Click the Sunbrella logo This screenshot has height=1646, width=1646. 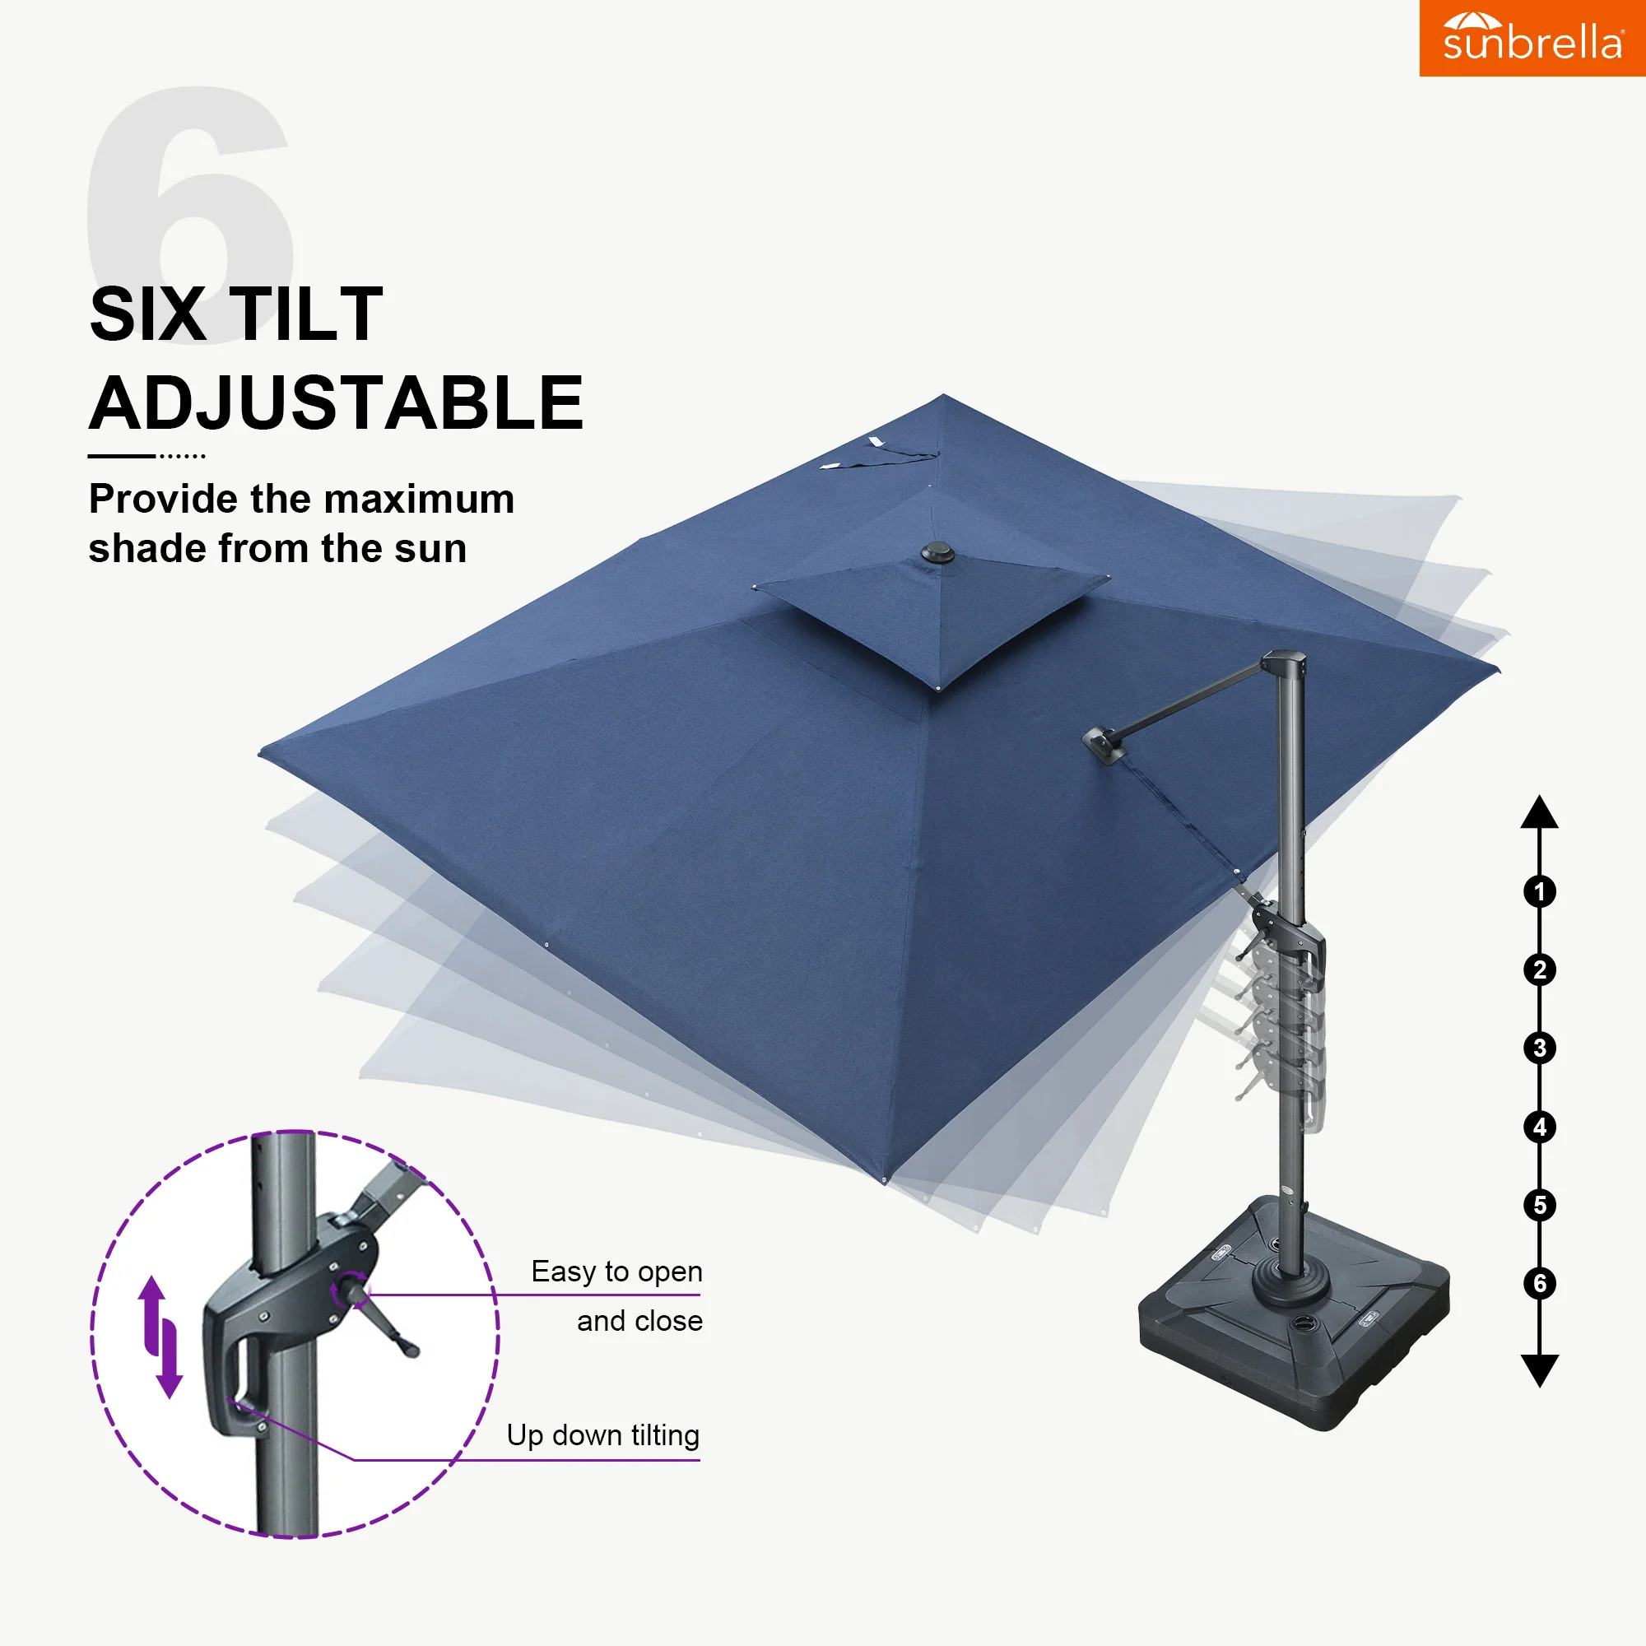point(1532,38)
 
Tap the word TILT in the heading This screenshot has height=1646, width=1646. point(307,314)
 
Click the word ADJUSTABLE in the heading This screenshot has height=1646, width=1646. point(337,403)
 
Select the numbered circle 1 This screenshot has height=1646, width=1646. point(1540,892)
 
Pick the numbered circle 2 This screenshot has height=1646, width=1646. point(1540,969)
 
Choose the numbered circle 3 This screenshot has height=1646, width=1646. point(1540,1048)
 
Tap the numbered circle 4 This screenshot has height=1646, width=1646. point(1540,1128)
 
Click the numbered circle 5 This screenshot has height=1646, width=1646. point(1540,1206)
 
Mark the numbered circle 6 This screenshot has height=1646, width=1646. point(1540,1283)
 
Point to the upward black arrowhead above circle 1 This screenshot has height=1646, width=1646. point(1540,814)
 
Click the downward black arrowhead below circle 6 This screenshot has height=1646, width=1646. point(1540,1371)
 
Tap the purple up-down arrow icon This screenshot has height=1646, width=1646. point(161,1337)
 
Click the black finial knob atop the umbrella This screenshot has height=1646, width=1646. point(938,554)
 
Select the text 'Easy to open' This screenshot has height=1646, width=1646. point(616,1272)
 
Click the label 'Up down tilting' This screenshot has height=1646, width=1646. point(603,1435)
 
